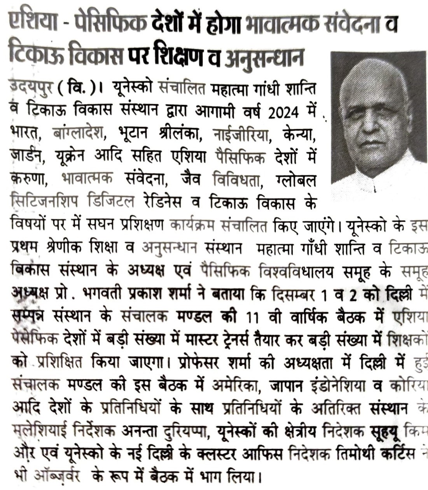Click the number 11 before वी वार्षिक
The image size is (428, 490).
coord(252,317)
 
